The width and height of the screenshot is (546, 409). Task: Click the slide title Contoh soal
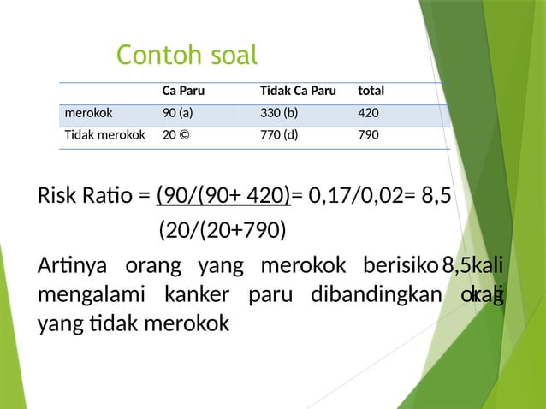tap(187, 56)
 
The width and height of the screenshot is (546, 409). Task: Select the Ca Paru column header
tap(183, 91)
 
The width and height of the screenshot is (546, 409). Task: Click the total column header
tap(371, 91)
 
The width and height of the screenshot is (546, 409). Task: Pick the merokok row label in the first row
tap(87, 112)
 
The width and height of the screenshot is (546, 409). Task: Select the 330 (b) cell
tap(279, 112)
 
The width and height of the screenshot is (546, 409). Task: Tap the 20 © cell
tap(177, 134)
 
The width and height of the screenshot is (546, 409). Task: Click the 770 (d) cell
tap(279, 134)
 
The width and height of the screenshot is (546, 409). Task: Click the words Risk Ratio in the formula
tap(83, 197)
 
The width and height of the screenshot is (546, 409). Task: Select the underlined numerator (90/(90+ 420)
tap(223, 197)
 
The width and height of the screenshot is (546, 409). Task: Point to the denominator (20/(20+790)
tap(223, 230)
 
